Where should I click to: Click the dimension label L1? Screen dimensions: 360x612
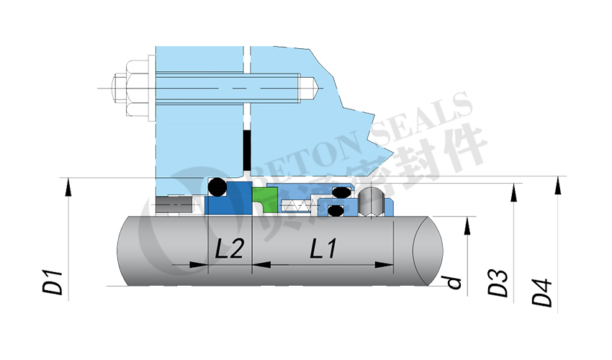click(323, 250)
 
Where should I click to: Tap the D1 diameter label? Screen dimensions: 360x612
click(53, 283)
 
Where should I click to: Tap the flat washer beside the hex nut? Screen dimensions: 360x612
click(150, 87)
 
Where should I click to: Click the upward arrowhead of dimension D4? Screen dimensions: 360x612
click(557, 185)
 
